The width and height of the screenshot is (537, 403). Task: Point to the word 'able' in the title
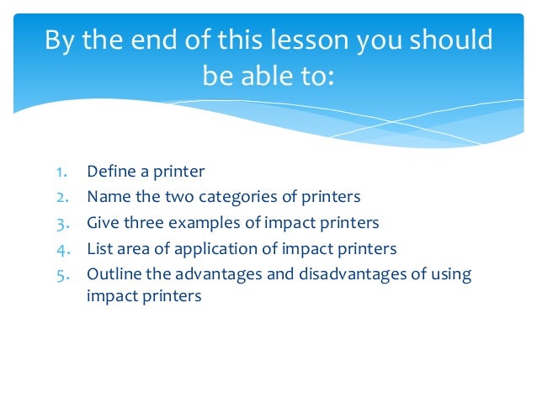[261, 77]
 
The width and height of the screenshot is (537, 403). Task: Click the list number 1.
[62, 172]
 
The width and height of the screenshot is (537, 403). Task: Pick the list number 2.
[62, 197]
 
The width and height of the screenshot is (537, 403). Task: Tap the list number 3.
[62, 223]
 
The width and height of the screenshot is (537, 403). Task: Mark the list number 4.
[62, 248]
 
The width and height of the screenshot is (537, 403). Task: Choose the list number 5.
[62, 273]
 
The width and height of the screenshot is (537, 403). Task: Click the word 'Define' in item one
[111, 172]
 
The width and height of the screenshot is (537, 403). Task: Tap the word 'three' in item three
[144, 223]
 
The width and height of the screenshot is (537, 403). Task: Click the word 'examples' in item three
[201, 224]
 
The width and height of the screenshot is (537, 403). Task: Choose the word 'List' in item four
[98, 248]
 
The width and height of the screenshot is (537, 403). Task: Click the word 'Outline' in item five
[113, 273]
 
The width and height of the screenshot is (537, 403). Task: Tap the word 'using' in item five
[451, 275]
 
